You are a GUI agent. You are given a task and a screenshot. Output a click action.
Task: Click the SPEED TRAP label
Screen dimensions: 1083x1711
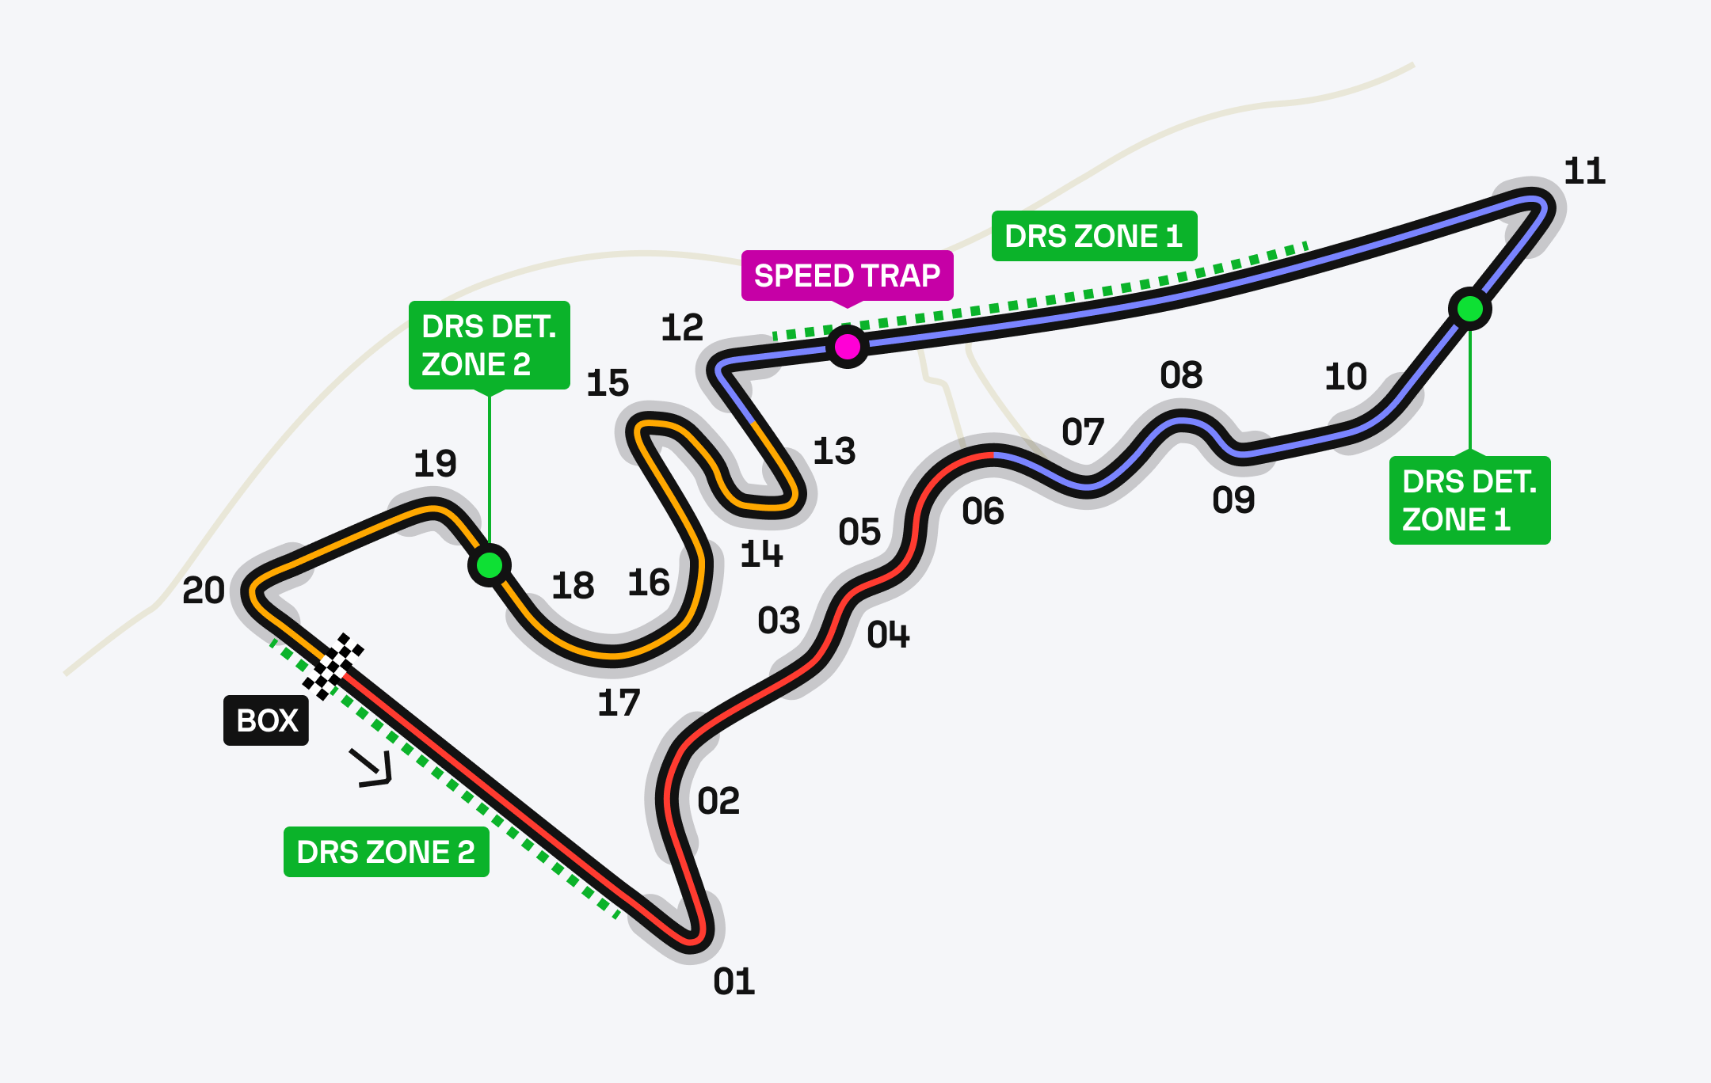coord(847,275)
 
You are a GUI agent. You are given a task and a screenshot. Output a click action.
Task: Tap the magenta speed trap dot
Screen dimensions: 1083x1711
coord(847,346)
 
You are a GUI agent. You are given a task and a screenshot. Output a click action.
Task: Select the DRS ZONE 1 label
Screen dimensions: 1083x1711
coord(1094,236)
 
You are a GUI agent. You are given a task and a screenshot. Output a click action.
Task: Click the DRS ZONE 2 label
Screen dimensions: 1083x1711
coord(386,852)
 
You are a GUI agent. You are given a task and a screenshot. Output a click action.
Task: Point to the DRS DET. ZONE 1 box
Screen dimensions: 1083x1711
coord(1469,500)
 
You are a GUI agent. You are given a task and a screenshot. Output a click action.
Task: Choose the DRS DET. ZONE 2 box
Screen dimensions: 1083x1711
coord(489,345)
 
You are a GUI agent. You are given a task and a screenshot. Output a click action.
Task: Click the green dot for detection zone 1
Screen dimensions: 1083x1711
coord(1470,308)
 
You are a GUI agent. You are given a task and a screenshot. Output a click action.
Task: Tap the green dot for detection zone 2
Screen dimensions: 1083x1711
coord(490,565)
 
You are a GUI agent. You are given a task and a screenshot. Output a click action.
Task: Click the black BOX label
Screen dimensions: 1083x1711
coord(266,720)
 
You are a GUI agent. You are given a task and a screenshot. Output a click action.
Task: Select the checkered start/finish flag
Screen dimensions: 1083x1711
coord(333,666)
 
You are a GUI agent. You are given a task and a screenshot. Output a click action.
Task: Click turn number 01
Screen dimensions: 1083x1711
coord(734,982)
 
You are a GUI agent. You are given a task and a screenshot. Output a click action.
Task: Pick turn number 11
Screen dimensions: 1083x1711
coord(1584,171)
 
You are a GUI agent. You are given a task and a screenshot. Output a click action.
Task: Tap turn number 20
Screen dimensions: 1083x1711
coord(204,591)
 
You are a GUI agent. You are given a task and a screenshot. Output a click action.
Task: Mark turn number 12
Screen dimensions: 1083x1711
coord(681,328)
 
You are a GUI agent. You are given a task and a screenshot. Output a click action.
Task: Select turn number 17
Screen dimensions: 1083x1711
coord(619,703)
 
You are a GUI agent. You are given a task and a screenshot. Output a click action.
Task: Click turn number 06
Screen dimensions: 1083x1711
coord(983,511)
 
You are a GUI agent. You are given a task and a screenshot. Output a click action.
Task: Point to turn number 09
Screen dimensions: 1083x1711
coord(1233,500)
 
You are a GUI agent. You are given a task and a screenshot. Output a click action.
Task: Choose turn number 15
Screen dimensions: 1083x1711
coord(608,383)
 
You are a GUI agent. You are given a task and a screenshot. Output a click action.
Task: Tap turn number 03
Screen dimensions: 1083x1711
coord(779,621)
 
